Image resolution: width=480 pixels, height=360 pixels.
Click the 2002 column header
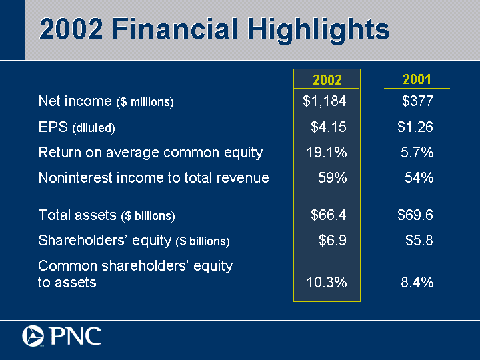(x=327, y=80)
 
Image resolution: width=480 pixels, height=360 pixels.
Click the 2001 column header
(x=417, y=79)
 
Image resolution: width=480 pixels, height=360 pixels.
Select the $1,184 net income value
(x=325, y=101)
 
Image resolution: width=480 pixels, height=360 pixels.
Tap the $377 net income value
(x=418, y=101)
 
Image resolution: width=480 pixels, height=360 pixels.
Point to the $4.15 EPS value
(x=329, y=127)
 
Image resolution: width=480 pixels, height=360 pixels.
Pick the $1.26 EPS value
(x=415, y=127)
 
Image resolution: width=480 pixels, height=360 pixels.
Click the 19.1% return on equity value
(x=327, y=153)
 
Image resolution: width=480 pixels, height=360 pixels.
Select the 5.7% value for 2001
(x=418, y=153)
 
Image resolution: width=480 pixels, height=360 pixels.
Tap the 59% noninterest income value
(x=331, y=177)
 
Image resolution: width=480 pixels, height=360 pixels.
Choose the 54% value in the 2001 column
(x=420, y=177)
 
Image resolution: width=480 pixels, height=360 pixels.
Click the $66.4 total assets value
(x=329, y=215)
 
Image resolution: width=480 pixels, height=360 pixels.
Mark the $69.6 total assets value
(x=415, y=215)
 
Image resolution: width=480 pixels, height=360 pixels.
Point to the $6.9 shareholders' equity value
(x=333, y=241)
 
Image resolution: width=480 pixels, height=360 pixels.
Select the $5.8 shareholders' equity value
(x=420, y=241)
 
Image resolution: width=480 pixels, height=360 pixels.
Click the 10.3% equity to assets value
(x=327, y=282)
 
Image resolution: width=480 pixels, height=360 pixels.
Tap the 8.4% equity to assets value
(x=418, y=282)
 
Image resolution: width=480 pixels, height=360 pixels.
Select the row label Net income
(x=75, y=101)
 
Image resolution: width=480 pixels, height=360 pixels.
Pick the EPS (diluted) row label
(x=77, y=127)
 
